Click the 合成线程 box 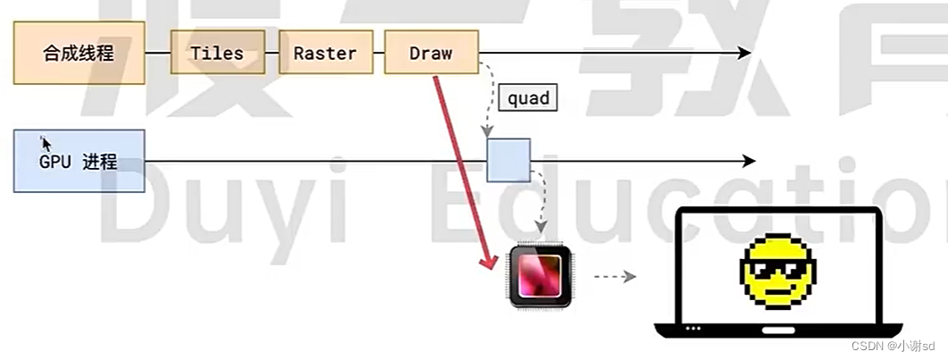tap(79, 54)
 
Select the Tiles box tap(217, 54)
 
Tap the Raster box tap(325, 54)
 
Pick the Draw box tap(432, 54)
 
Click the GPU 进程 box tap(79, 162)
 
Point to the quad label tap(528, 98)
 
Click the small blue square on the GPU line tap(508, 161)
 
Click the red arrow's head tap(489, 262)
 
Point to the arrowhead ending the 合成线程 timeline tap(743, 54)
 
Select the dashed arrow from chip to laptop tap(615, 277)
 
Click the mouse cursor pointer tap(46, 144)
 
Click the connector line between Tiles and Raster tap(272, 54)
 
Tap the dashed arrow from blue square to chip tap(541, 201)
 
